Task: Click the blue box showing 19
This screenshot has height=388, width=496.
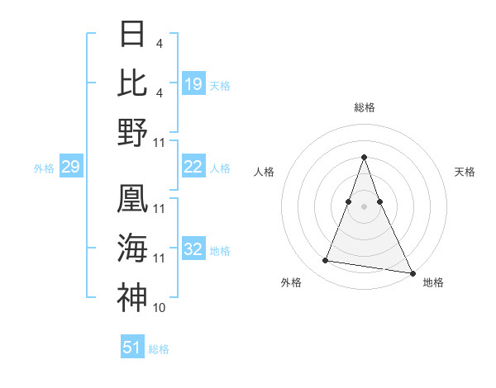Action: point(193,83)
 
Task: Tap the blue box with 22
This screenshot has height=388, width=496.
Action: point(193,167)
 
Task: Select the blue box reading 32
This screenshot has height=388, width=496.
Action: point(193,249)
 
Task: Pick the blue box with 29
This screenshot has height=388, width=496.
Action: point(71,168)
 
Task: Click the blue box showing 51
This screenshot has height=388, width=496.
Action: point(132,348)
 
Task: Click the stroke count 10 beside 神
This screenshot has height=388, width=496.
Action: point(160,308)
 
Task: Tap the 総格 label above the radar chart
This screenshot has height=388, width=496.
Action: point(364,107)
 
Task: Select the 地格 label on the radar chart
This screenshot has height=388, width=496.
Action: point(433,282)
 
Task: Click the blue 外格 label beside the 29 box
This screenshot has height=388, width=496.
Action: point(44,168)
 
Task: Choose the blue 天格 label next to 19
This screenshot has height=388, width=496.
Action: point(220,85)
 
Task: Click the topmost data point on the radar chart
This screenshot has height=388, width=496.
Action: point(364,157)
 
